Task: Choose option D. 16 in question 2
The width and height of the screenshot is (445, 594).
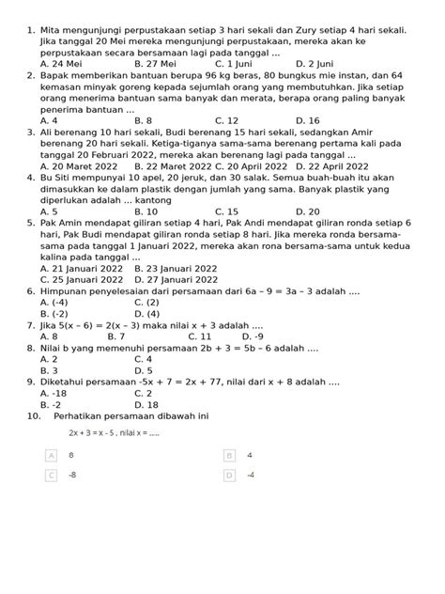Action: [x=307, y=120]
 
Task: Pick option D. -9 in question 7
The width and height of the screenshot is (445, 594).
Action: [x=252, y=336]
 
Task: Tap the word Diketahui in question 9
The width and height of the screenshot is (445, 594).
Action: [x=69, y=382]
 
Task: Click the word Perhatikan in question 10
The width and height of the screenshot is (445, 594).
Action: [x=85, y=415]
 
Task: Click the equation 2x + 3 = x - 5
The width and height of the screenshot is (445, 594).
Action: [x=93, y=432]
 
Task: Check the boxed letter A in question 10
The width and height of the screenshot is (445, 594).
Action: [x=51, y=455]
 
